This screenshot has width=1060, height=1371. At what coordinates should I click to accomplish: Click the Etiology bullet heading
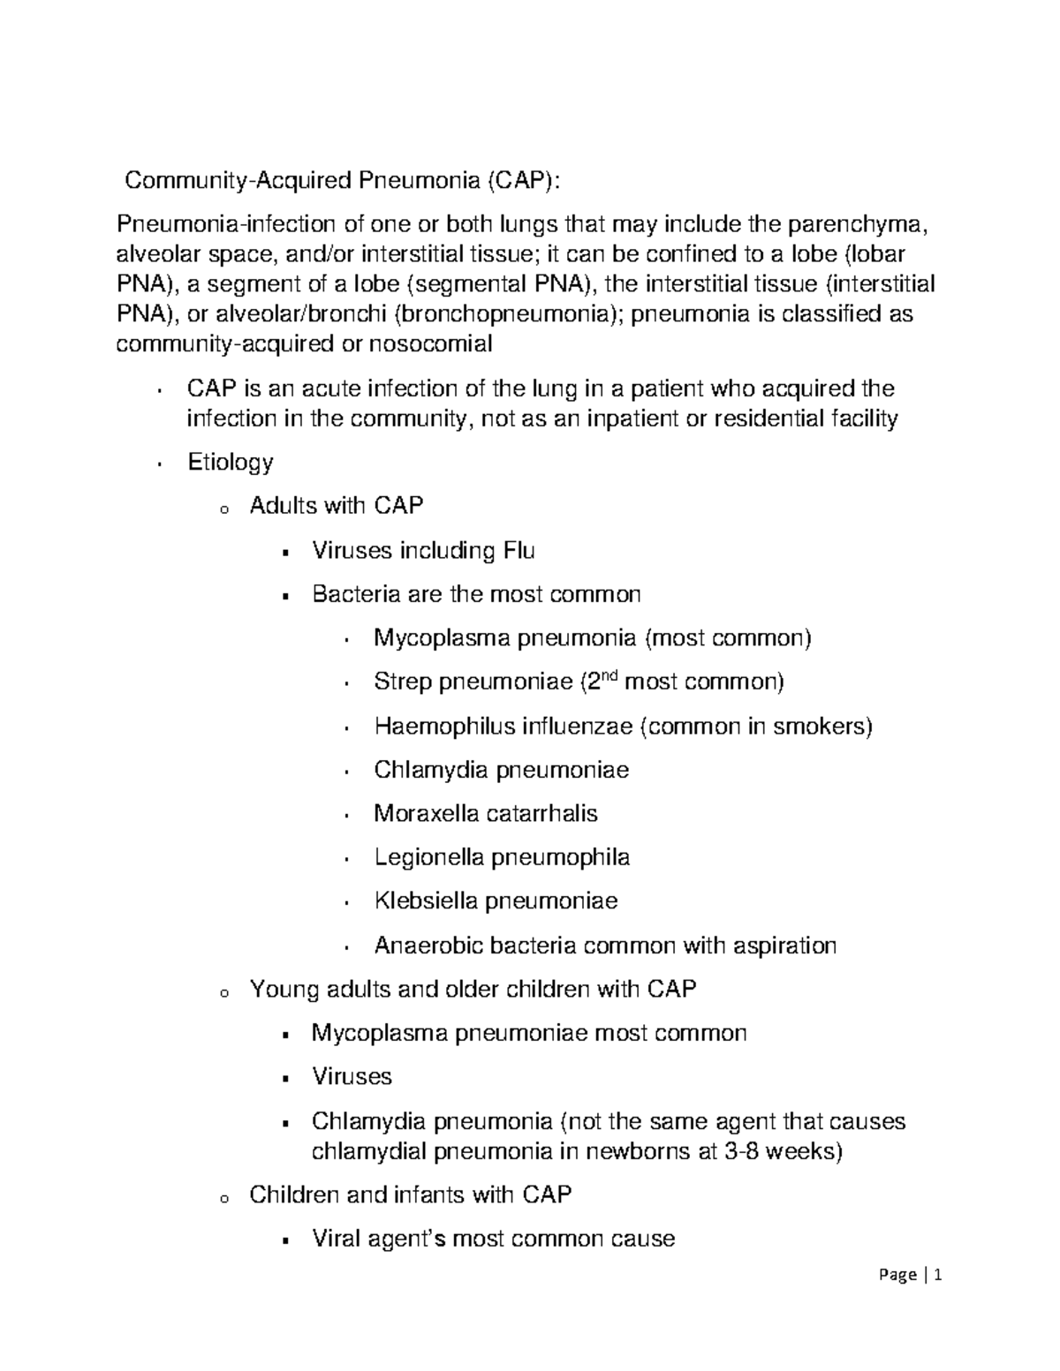(x=231, y=462)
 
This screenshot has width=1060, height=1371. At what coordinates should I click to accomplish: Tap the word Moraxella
(x=428, y=813)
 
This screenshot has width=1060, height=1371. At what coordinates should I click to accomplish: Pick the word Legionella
(x=428, y=857)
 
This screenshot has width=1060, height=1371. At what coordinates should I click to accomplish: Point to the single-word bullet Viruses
(x=352, y=1076)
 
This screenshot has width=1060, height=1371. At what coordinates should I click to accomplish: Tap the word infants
(x=416, y=1194)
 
